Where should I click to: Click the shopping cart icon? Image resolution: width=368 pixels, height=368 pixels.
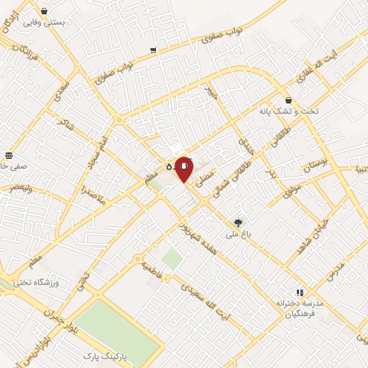coord(153,50)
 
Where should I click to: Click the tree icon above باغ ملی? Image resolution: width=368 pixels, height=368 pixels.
coord(238,222)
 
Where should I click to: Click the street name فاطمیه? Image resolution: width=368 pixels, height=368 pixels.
coord(150,269)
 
